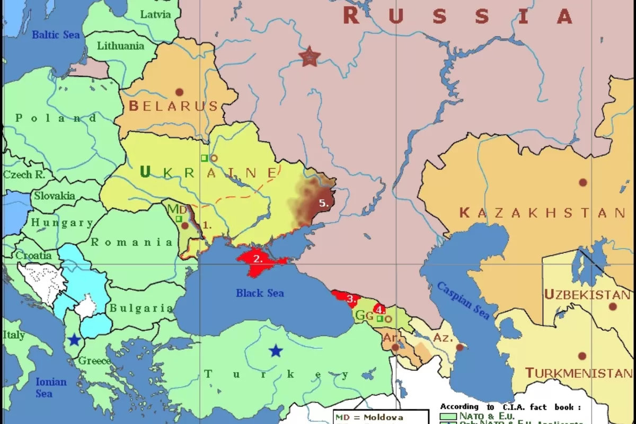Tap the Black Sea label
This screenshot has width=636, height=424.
pyautogui.click(x=260, y=293)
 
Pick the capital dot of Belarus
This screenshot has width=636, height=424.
pyautogui.click(x=179, y=92)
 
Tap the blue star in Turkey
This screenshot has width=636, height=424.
pyautogui.click(x=275, y=350)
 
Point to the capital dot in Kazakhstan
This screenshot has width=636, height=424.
pyautogui.click(x=583, y=182)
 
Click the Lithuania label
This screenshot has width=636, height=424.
pyautogui.click(x=120, y=46)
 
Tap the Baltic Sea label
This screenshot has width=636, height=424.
pyautogui.click(x=56, y=35)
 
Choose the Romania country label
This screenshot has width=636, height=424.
pyautogui.click(x=132, y=243)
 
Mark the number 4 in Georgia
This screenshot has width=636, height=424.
pyautogui.click(x=379, y=310)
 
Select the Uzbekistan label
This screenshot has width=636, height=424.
pyautogui.click(x=587, y=295)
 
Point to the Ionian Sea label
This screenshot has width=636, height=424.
pyautogui.click(x=51, y=387)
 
